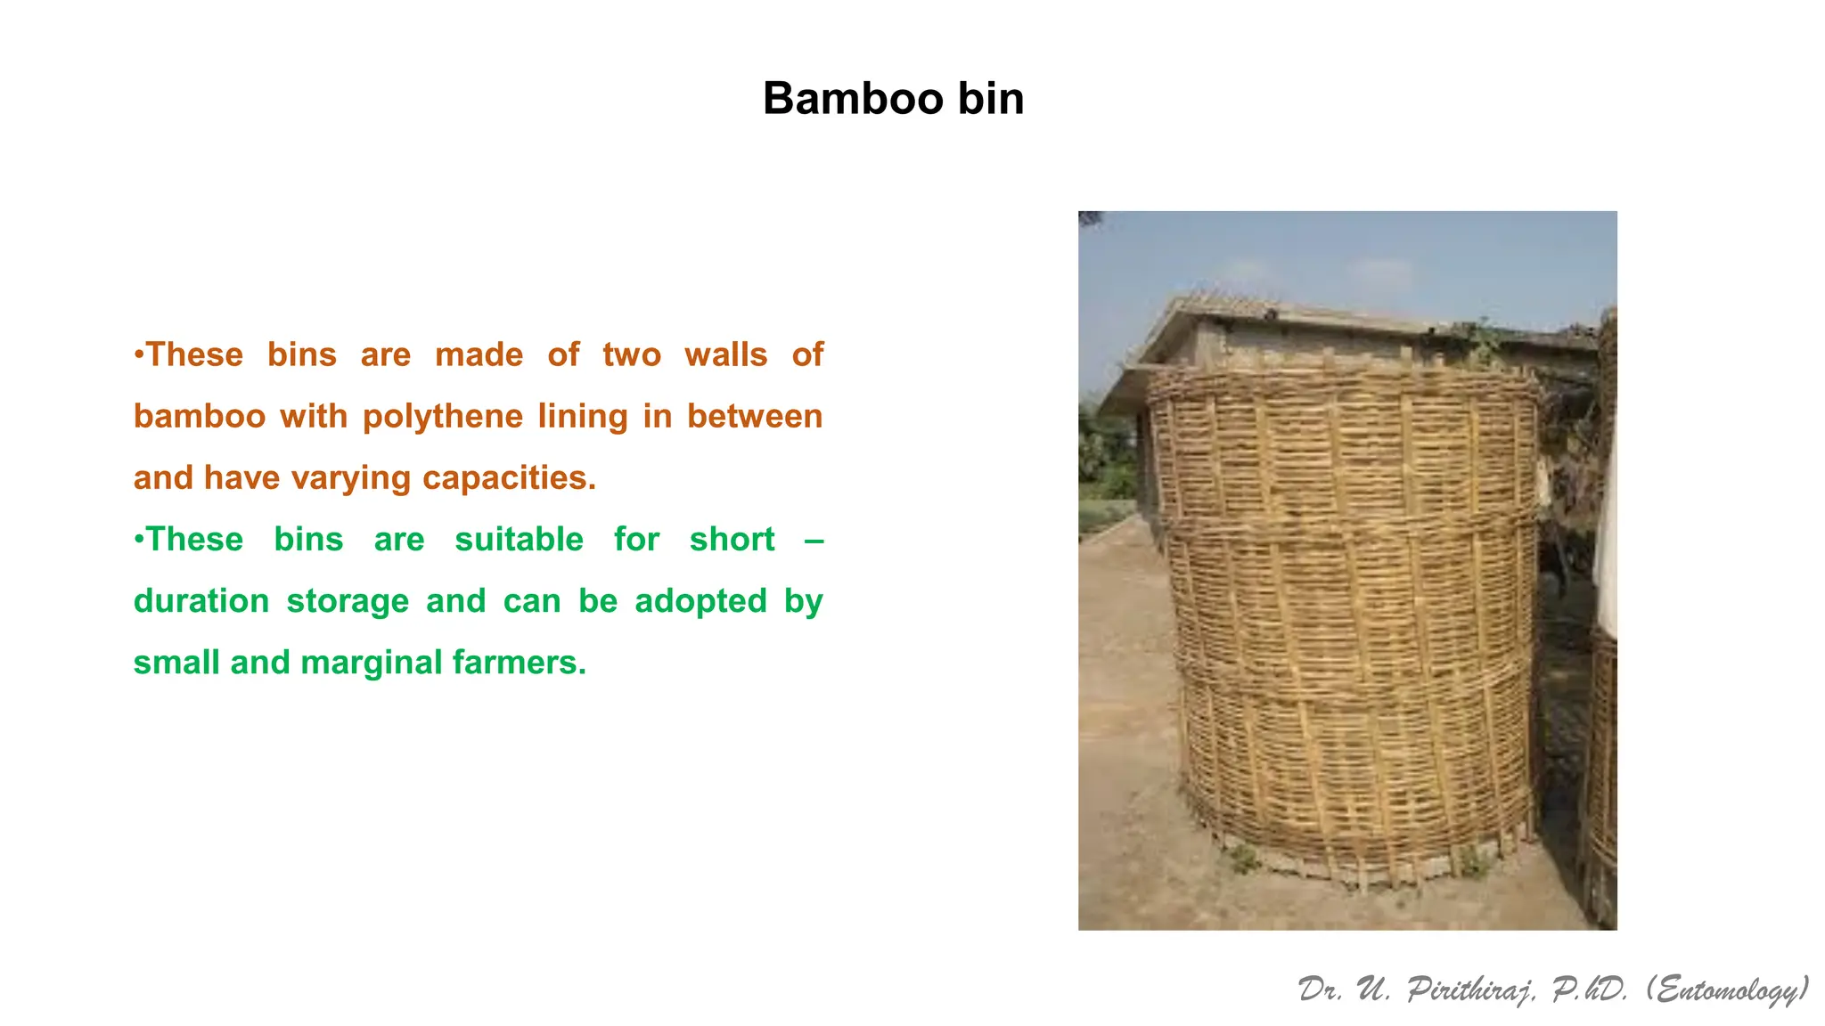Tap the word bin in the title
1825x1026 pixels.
(x=991, y=98)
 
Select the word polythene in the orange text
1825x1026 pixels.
(x=442, y=417)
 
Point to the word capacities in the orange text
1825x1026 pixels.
(x=508, y=478)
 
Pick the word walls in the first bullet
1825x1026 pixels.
(x=725, y=355)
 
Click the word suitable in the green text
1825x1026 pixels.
(x=519, y=540)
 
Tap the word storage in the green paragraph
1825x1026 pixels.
(x=348, y=601)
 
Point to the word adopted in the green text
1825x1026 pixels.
(x=700, y=601)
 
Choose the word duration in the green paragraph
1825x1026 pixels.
(x=201, y=601)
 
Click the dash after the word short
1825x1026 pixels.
(x=814, y=540)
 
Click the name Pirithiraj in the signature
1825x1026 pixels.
(x=1471, y=989)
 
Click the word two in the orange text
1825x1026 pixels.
(x=632, y=355)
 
